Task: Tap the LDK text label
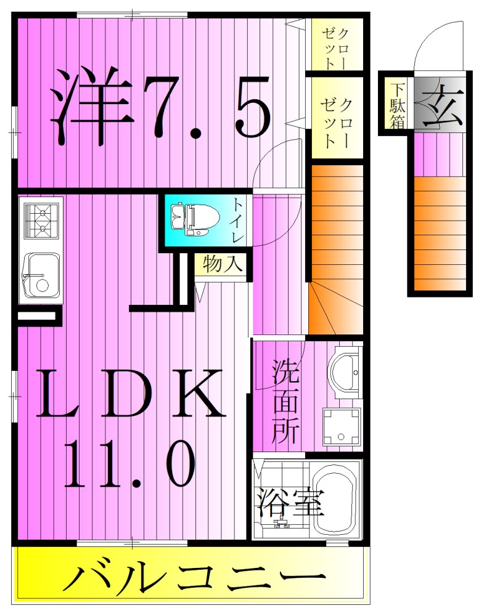(x=131, y=394)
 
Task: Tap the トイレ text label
(x=238, y=220)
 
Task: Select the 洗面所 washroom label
(x=286, y=403)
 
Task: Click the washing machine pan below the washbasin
(x=341, y=426)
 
